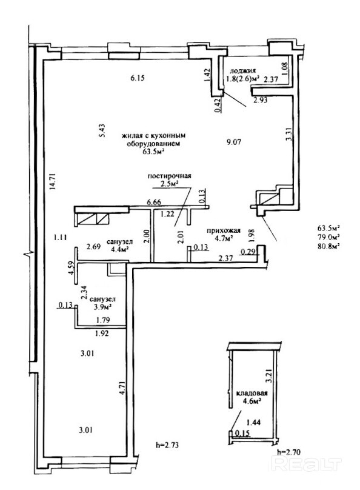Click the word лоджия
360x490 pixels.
point(242,70)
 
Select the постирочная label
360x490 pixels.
point(169,176)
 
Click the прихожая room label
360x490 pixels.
point(224,230)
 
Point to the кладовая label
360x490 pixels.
point(252,393)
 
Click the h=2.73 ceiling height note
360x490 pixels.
point(167,445)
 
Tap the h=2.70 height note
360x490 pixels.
point(289,452)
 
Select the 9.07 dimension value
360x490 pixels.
point(234,142)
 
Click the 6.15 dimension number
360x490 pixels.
point(138,78)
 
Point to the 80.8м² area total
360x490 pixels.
point(328,246)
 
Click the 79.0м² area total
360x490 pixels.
point(328,237)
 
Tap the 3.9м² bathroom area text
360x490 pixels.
point(101,307)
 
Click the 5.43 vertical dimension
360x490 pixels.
point(102,131)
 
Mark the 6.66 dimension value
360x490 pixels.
point(154,202)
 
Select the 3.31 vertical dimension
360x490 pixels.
point(290,134)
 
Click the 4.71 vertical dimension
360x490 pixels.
point(123,388)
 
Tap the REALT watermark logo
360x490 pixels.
point(307,463)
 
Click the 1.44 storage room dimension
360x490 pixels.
point(253,423)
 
